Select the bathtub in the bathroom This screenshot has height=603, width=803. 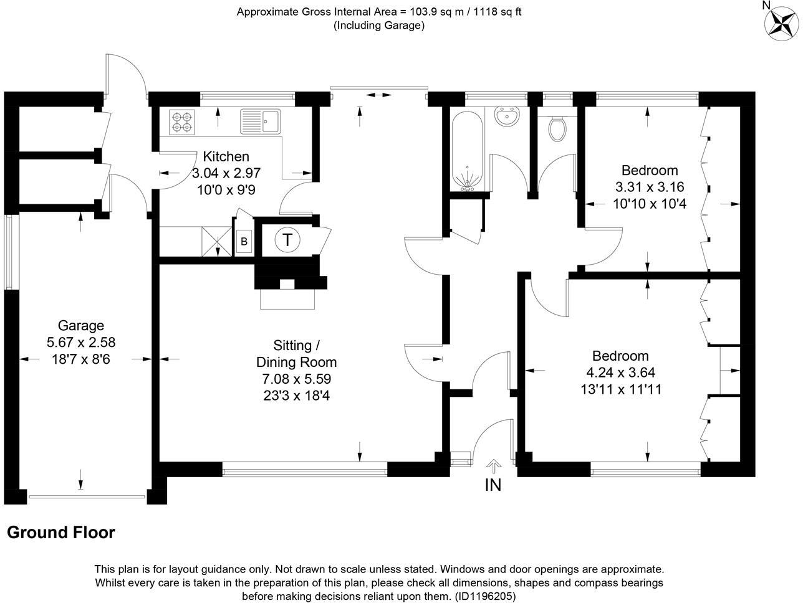[466, 150]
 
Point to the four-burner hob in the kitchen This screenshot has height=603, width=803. [182, 121]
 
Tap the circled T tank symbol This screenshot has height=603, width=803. [287, 239]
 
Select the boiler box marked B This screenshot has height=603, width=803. [244, 241]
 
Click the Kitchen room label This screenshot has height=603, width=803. [226, 156]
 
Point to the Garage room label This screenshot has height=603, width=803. [81, 325]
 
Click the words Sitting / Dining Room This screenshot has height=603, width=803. [297, 353]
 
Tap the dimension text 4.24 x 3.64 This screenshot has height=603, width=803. [620, 373]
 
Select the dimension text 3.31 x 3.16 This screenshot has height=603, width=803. [650, 186]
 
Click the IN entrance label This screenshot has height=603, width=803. [493, 485]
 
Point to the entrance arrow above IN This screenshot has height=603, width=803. [493, 465]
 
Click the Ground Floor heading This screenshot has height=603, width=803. [61, 533]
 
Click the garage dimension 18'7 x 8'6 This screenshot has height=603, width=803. [81, 359]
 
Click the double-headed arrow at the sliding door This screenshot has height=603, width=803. [378, 95]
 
